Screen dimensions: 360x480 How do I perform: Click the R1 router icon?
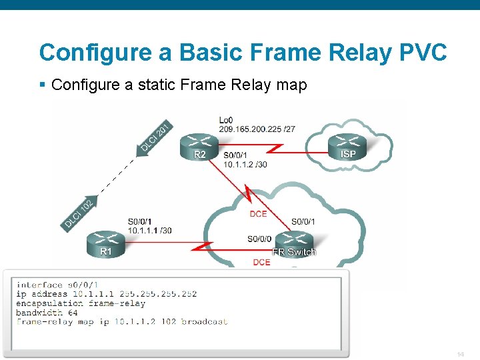tap(105, 243)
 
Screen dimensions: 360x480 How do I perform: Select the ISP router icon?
tap(348, 146)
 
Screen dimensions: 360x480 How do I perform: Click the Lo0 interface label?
tap(227, 120)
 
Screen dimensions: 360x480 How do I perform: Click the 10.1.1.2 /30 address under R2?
tap(245, 164)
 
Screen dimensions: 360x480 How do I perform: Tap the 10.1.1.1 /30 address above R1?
tap(149, 230)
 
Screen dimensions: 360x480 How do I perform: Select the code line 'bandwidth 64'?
tap(47, 312)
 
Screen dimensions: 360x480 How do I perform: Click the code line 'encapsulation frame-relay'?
tap(81, 303)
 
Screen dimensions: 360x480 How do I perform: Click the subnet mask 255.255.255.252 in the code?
tap(159, 293)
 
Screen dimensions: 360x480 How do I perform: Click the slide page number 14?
tap(461, 353)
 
